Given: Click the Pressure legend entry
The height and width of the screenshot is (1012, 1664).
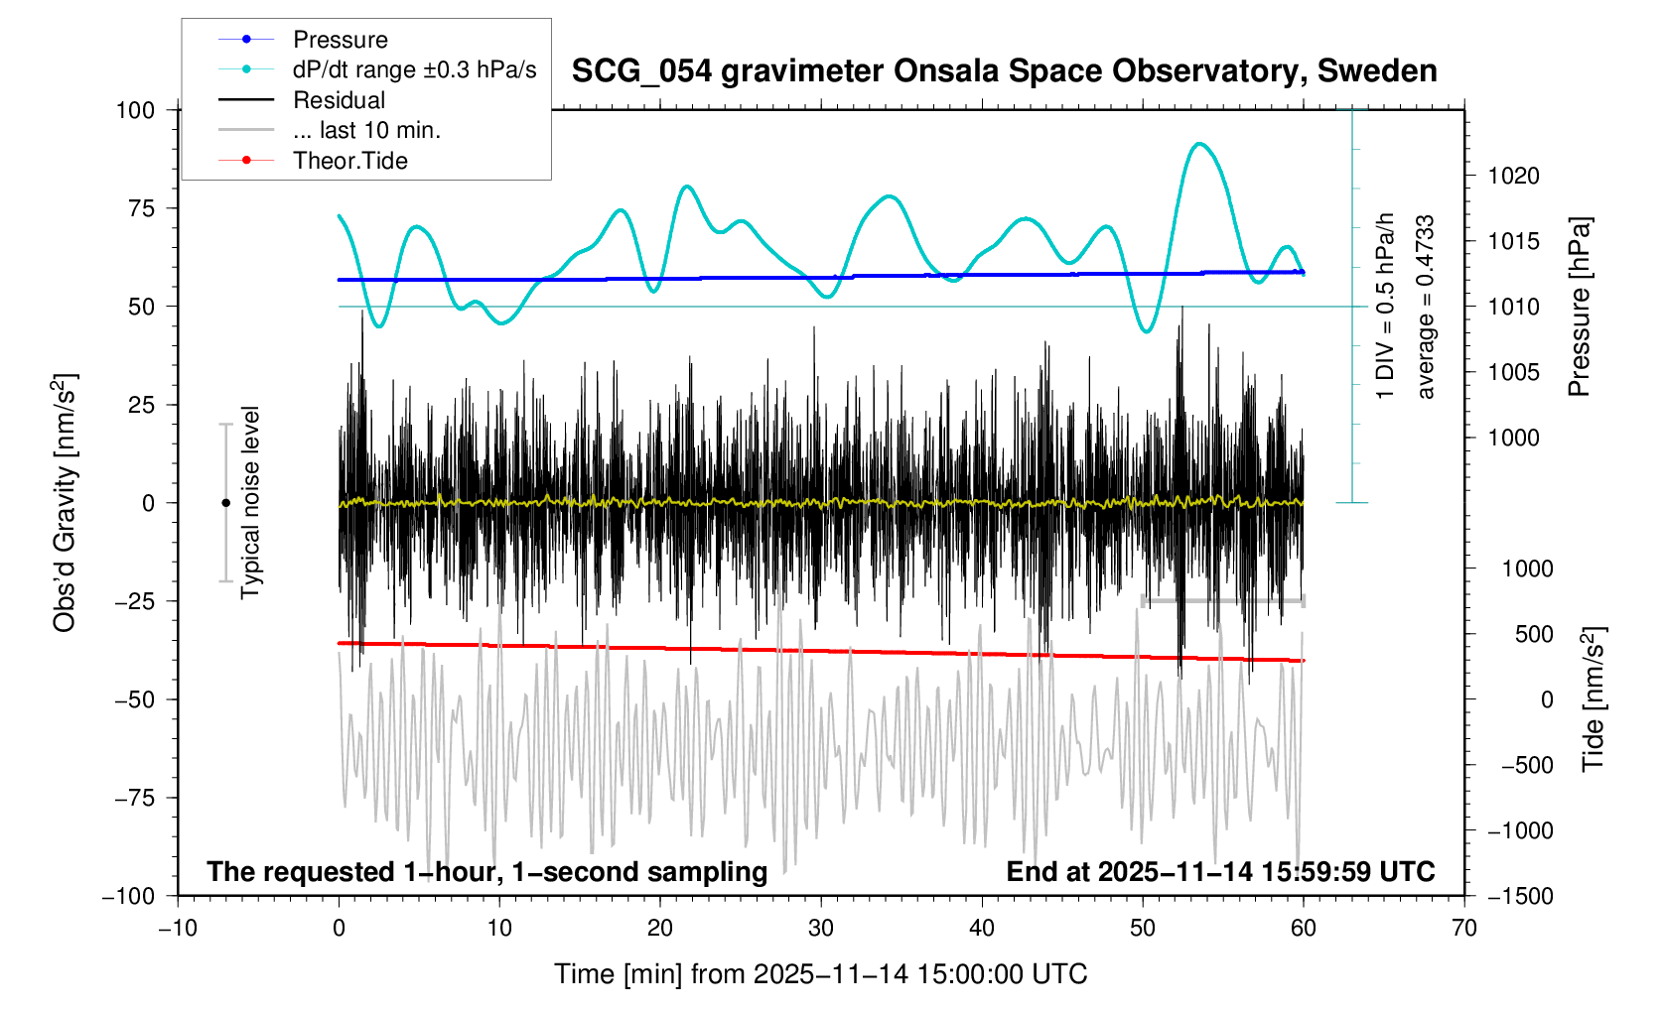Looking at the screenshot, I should point(340,40).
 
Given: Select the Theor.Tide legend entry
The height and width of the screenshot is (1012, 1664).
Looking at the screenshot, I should point(349,161).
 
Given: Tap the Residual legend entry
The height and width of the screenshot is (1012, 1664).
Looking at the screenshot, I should point(339,100).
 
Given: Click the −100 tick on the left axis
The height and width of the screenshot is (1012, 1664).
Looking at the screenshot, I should point(129,896).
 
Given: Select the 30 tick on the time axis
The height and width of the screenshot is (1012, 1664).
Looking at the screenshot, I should point(821,929).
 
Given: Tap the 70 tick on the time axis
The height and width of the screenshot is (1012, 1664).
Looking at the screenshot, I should point(1463,929).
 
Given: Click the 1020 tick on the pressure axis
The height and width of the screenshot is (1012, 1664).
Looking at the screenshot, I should point(1513,177).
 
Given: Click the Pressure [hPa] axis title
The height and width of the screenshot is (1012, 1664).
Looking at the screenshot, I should point(1580,307).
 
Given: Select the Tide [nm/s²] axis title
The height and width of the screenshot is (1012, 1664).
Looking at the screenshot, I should point(1594,698).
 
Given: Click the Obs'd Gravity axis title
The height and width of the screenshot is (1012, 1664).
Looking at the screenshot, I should point(65,502).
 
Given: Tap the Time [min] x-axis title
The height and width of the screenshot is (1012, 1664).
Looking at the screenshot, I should point(820,974).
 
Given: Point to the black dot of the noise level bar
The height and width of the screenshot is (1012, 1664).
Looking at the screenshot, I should point(225,503).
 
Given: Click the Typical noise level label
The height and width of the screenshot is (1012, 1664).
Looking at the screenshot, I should point(250,502).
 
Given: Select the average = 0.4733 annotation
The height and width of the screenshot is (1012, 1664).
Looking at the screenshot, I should point(1426,307).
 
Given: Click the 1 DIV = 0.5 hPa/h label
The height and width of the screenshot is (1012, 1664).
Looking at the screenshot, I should point(1385,306).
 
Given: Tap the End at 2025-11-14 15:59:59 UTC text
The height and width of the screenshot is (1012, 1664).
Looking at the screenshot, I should point(1220,872).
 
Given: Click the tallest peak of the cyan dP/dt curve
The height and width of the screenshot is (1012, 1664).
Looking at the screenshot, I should point(1200,144).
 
